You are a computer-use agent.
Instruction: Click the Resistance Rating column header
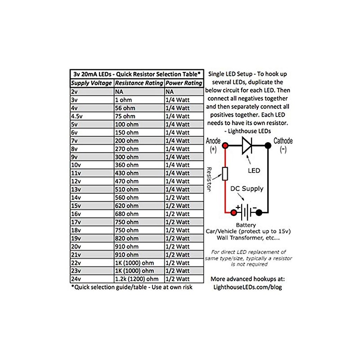click(139, 83)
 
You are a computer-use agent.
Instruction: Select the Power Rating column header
click(184, 83)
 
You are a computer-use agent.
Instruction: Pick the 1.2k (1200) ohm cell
click(139, 279)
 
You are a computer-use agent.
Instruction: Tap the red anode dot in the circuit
click(225, 145)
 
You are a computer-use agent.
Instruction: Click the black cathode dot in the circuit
click(267, 145)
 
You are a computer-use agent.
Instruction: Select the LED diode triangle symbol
click(247, 145)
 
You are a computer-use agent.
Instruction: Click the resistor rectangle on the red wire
click(225, 173)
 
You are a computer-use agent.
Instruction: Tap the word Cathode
click(283, 141)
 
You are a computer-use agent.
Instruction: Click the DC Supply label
click(247, 189)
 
